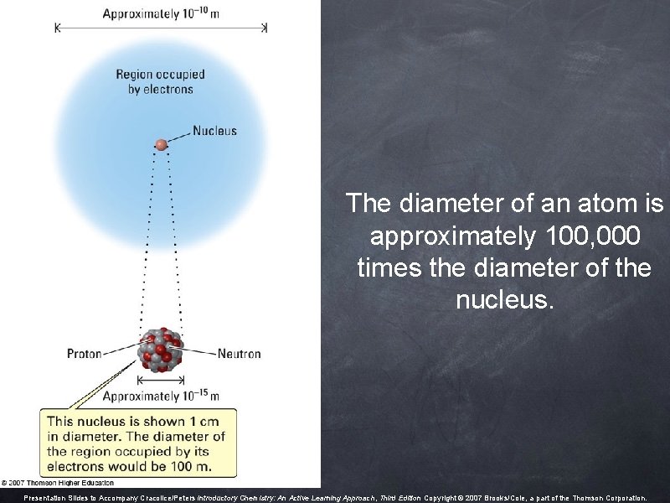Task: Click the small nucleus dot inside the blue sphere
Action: click(161, 145)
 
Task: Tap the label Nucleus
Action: click(214, 131)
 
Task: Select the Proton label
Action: click(85, 354)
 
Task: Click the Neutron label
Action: click(239, 354)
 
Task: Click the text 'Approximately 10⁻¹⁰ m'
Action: click(161, 13)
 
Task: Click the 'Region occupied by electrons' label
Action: click(160, 81)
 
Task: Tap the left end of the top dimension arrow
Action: click(57, 28)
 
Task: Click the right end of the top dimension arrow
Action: click(265, 28)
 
